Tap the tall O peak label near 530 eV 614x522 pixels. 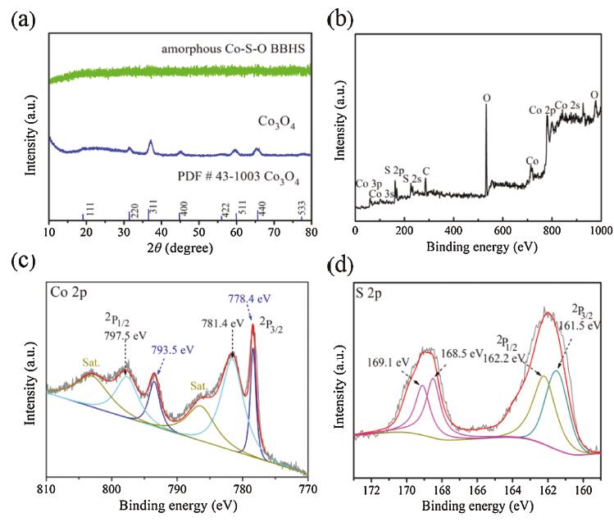(x=486, y=98)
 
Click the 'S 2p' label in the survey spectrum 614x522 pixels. (x=394, y=170)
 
